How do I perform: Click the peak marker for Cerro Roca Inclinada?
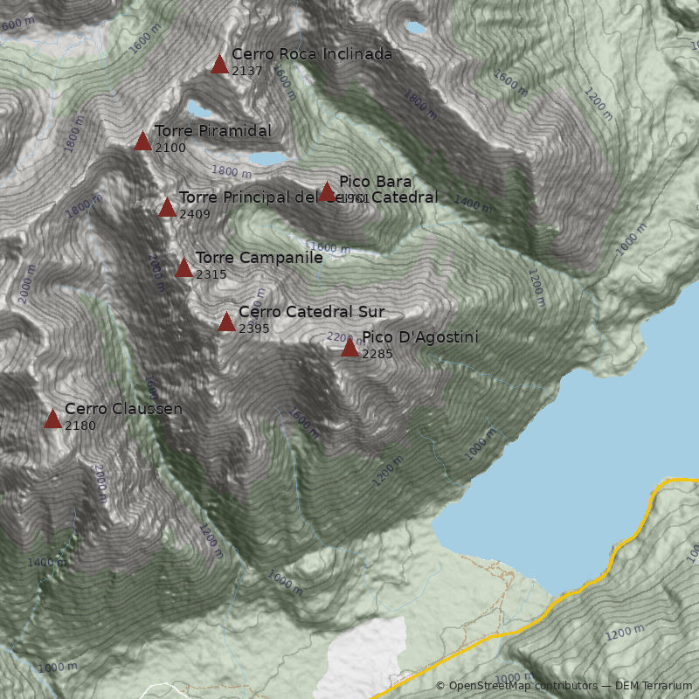coord(219,64)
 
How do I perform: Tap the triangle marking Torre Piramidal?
coord(142,141)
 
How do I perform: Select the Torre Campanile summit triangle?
coord(183,267)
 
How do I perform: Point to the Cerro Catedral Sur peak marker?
coord(226,322)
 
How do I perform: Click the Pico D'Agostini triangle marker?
coord(349,347)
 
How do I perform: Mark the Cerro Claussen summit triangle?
coord(52,419)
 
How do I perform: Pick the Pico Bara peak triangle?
coord(327,191)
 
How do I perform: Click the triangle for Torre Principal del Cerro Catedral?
coord(167,207)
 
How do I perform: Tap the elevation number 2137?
coord(247,71)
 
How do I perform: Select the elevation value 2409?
coord(195,214)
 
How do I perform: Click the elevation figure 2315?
coord(211,274)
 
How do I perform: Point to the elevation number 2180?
coord(80,426)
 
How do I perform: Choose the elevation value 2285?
coord(377,354)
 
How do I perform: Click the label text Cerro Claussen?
coord(123,408)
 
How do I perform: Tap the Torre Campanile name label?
coord(259,258)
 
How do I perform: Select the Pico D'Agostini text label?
coord(420,337)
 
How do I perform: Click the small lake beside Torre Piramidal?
coord(198,111)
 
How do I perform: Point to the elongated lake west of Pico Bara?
coord(267,158)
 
